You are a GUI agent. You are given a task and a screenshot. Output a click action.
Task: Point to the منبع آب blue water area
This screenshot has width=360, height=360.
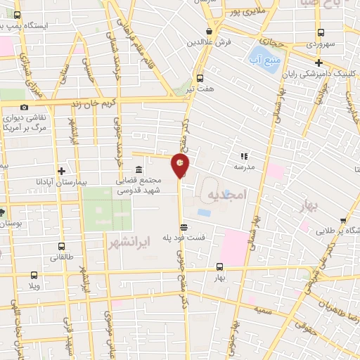point(262,55)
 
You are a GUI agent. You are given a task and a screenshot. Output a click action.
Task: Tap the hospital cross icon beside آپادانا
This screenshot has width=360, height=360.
point(62,171)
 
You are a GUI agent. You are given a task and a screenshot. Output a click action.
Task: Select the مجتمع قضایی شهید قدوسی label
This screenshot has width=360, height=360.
point(139,185)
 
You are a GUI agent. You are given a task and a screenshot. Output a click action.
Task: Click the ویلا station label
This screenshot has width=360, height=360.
point(34,287)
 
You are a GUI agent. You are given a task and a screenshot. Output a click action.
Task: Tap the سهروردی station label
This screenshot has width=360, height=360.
point(321,44)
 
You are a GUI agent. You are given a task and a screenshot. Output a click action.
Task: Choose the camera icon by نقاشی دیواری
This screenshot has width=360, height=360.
point(24,107)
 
